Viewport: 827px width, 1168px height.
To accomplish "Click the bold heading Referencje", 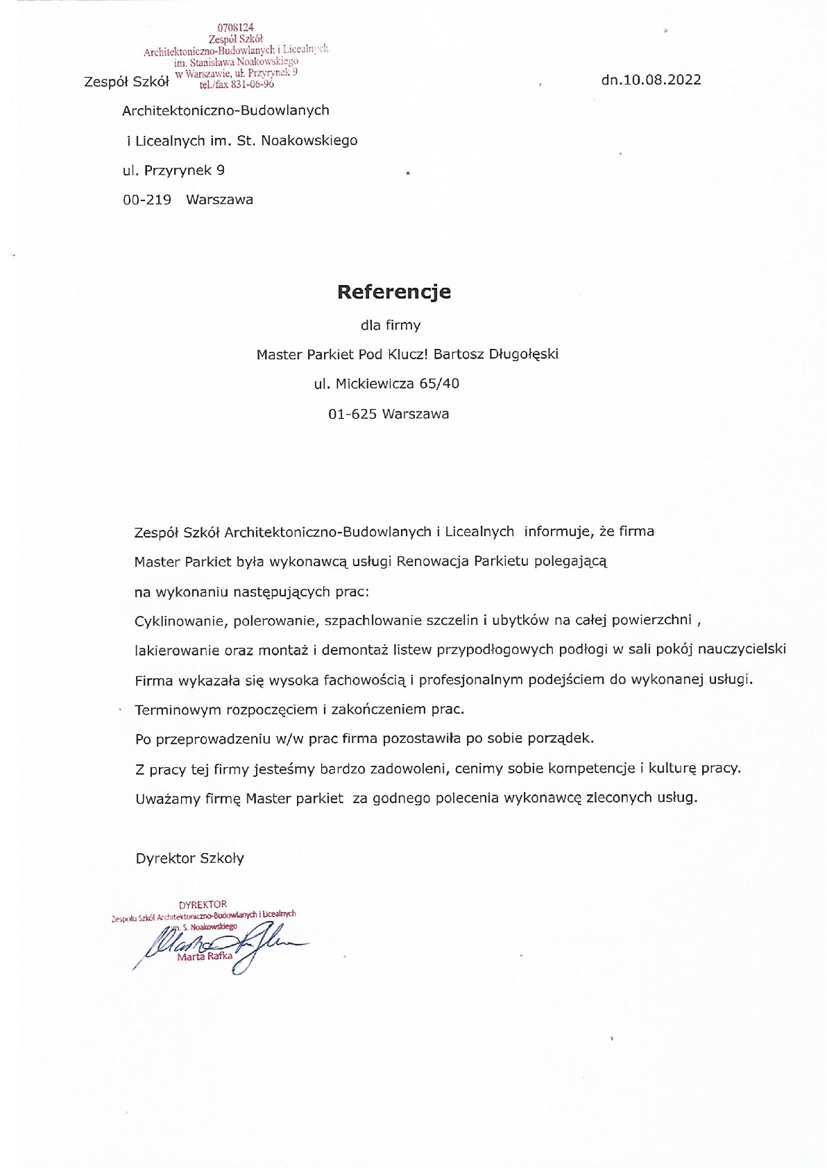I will coord(393,292).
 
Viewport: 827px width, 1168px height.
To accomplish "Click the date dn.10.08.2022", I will coord(651,80).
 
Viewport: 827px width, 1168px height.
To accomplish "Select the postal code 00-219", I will coord(146,200).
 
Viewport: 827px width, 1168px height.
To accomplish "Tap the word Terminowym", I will coord(178,710).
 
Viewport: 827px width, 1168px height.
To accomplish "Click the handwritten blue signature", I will coord(222,947).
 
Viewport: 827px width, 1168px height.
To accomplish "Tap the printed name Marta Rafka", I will coord(205,957).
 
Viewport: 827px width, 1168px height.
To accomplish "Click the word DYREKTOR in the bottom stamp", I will coord(203,904).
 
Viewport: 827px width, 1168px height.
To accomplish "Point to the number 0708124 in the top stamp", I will coord(226,28).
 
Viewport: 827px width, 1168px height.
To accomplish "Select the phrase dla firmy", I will coord(390,325).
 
